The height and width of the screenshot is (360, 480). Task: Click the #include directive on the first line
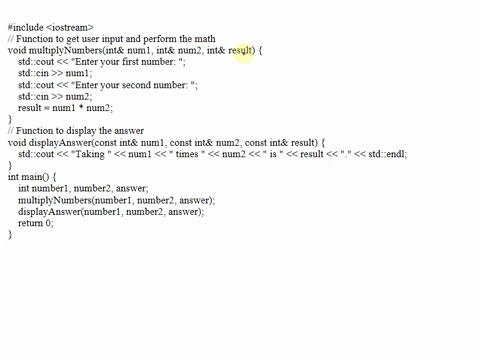27,15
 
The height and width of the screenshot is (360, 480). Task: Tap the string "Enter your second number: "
140,85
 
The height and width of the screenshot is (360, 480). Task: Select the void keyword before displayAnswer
16,143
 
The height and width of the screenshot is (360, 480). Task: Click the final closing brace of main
10,235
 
